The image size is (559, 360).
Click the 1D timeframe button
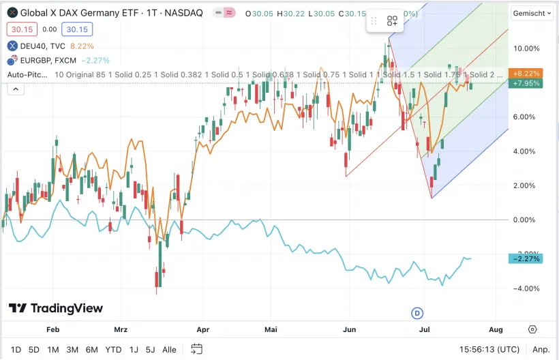[16, 350]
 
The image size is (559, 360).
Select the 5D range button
[34, 350]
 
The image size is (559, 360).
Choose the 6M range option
[91, 350]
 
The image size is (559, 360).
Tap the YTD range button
[113, 350]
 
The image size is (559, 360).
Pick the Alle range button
[170, 350]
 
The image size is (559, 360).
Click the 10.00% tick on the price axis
[526, 48]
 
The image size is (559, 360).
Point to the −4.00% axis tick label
[526, 288]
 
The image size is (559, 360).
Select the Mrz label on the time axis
[121, 329]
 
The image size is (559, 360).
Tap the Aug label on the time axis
[496, 329]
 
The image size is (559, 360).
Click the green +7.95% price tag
[526, 83]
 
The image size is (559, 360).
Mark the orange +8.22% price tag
[526, 73]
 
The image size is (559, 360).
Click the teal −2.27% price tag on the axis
[526, 258]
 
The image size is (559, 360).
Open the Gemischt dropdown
[532, 13]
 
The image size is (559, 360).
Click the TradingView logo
[56, 309]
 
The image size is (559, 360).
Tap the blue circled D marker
[418, 312]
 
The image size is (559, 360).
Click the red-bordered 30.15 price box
[21, 29]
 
